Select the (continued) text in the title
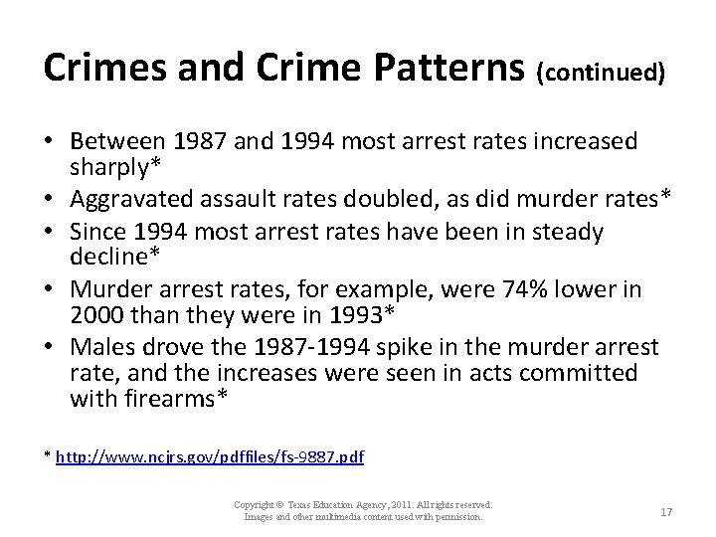(x=601, y=72)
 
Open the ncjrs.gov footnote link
(x=211, y=457)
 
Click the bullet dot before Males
(x=50, y=346)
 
